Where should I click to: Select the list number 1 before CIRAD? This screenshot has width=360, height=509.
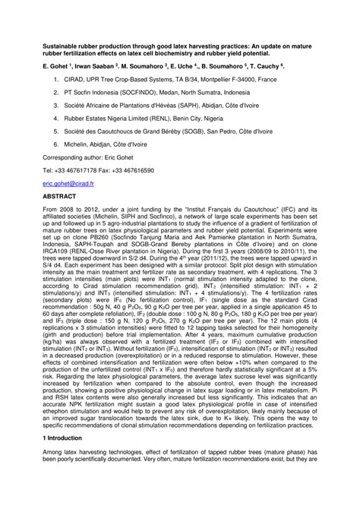point(46,77)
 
